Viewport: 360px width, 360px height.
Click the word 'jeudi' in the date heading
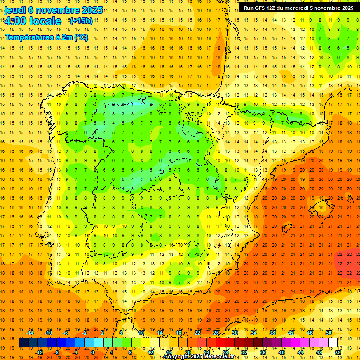tap(15, 9)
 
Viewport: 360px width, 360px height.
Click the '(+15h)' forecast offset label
tap(81, 21)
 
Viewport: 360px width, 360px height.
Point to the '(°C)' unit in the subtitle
tap(80, 37)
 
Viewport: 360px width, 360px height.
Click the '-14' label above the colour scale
tap(31, 333)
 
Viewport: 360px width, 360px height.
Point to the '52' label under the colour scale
tap(338, 352)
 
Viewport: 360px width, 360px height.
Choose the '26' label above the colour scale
tap(216, 333)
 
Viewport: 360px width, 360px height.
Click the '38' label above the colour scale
tap(272, 333)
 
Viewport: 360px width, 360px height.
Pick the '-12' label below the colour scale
tap(39, 352)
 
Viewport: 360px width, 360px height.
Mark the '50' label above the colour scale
tap(329, 333)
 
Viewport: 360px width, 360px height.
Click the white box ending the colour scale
tap(333, 343)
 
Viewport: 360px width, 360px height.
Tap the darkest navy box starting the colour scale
tap(23, 343)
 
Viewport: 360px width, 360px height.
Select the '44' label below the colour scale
tap(300, 352)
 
